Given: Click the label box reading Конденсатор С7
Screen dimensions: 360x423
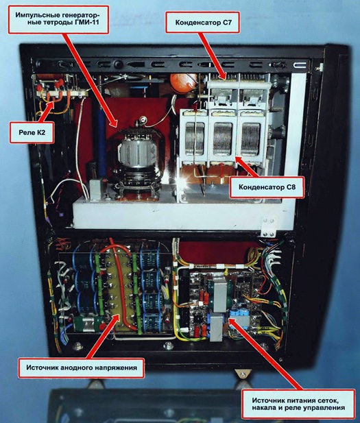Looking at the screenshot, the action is [x=203, y=22].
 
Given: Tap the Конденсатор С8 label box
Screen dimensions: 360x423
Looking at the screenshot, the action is [x=267, y=187].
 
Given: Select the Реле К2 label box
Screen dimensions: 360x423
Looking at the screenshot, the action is [x=32, y=132].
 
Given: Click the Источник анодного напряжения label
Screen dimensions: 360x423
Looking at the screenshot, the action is [x=81, y=367].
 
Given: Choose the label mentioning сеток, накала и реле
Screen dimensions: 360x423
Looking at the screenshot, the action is [x=298, y=404].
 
